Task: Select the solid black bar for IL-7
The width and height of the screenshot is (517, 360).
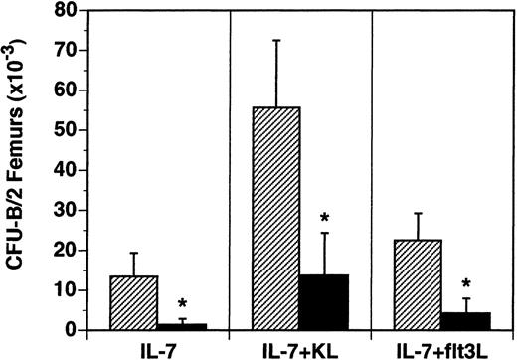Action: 182,326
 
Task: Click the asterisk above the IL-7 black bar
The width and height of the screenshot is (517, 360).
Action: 182,304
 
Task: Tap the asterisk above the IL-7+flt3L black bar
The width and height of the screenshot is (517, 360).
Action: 467,284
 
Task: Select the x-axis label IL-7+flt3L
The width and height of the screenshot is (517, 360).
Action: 442,348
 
